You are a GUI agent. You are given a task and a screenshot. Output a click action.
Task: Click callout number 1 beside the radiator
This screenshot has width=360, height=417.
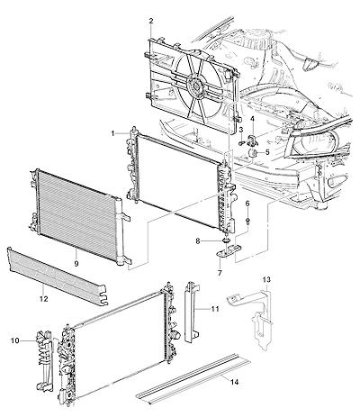click(113, 133)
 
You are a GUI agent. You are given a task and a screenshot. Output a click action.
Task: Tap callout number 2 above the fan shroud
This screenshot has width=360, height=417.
click(151, 21)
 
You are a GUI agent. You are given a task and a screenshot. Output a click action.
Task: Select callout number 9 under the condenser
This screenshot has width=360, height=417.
click(76, 264)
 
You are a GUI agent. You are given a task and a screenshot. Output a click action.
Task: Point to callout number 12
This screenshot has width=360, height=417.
click(44, 299)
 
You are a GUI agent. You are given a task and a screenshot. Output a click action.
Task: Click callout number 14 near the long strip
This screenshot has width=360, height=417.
click(235, 382)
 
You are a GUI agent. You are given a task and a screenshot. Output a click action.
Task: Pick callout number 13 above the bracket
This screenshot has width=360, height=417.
click(266, 280)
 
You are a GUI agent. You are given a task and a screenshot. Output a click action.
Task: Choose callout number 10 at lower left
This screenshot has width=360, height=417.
click(15, 340)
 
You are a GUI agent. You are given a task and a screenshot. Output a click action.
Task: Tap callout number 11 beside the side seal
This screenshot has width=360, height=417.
click(215, 309)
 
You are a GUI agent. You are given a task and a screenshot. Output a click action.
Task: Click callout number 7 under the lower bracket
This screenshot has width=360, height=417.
click(220, 273)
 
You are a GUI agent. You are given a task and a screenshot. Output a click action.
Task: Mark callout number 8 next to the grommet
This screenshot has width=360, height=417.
click(198, 240)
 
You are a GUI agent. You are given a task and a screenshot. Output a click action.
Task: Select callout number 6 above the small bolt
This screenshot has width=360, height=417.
click(247, 204)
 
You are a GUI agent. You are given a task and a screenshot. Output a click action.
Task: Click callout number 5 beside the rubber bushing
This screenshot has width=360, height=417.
click(267, 152)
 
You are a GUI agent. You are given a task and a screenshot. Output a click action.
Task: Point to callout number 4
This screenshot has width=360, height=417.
click(252, 119)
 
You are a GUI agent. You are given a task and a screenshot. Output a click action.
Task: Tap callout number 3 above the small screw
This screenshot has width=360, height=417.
click(241, 130)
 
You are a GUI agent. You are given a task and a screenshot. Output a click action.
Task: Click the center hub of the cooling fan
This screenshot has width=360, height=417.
click(195, 85)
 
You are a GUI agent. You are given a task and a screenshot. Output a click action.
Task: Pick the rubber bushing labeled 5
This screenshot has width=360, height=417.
click(253, 153)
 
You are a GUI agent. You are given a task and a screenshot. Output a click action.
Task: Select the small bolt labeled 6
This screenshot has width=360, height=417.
click(248, 222)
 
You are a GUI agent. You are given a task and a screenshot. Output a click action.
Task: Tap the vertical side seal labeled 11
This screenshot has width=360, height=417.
click(191, 313)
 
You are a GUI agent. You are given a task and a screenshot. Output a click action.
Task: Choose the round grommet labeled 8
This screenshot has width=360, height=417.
click(226, 240)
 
